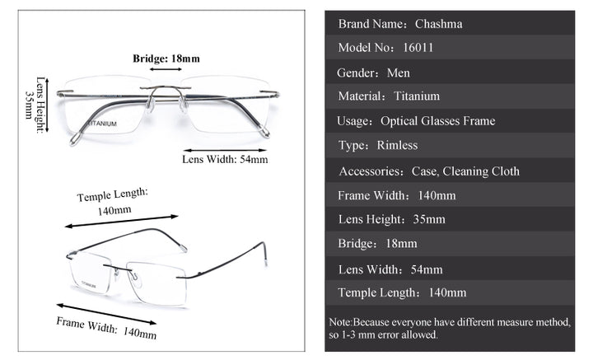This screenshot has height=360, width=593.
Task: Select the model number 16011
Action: point(418,48)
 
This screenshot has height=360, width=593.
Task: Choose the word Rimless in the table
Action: point(397,146)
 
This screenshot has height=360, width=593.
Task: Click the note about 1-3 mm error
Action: point(450,329)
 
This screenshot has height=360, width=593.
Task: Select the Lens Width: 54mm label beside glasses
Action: point(224,159)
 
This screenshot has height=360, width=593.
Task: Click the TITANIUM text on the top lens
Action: point(102,124)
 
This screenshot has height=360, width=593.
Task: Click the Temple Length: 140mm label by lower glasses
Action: point(114,201)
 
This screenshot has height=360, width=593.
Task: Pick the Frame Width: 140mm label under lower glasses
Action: point(106,327)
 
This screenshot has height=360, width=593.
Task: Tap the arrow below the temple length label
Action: point(121,222)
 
